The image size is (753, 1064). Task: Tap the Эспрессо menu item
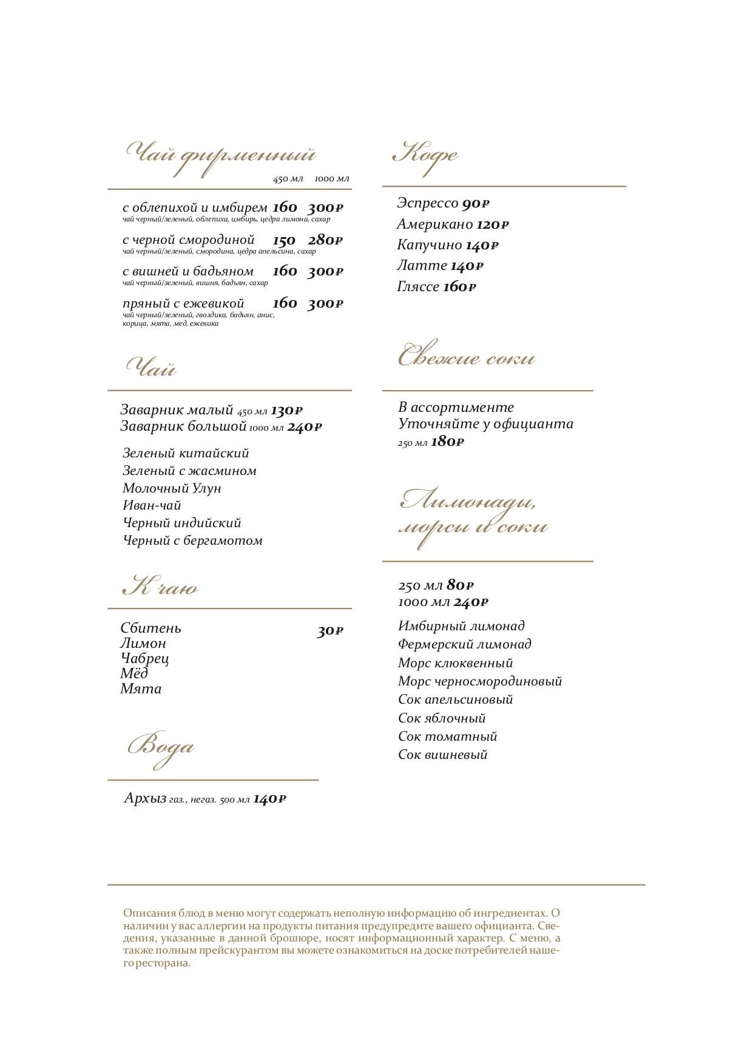pyautogui.click(x=427, y=203)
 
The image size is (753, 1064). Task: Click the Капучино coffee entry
pyautogui.click(x=429, y=245)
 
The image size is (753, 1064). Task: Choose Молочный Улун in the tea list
pyautogui.click(x=172, y=488)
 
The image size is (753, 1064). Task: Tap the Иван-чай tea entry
pyautogui.click(x=152, y=505)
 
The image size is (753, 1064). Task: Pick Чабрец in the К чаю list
pyautogui.click(x=144, y=658)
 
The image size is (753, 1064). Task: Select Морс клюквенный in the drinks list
pyautogui.click(x=455, y=663)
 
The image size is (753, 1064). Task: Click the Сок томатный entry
pyautogui.click(x=447, y=736)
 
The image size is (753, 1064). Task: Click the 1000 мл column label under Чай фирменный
pyautogui.click(x=332, y=179)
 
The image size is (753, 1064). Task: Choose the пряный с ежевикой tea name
pyautogui.click(x=183, y=303)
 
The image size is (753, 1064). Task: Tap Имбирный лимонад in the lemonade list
pyautogui.click(x=461, y=626)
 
